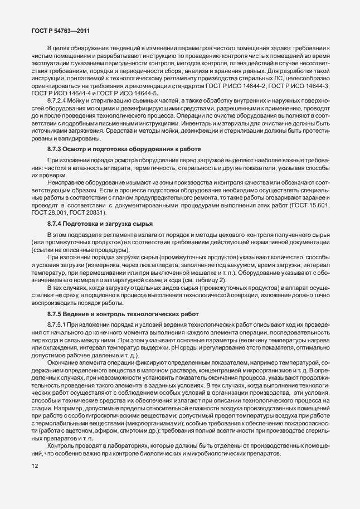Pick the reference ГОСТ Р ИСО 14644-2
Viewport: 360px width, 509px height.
[x=256, y=85]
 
